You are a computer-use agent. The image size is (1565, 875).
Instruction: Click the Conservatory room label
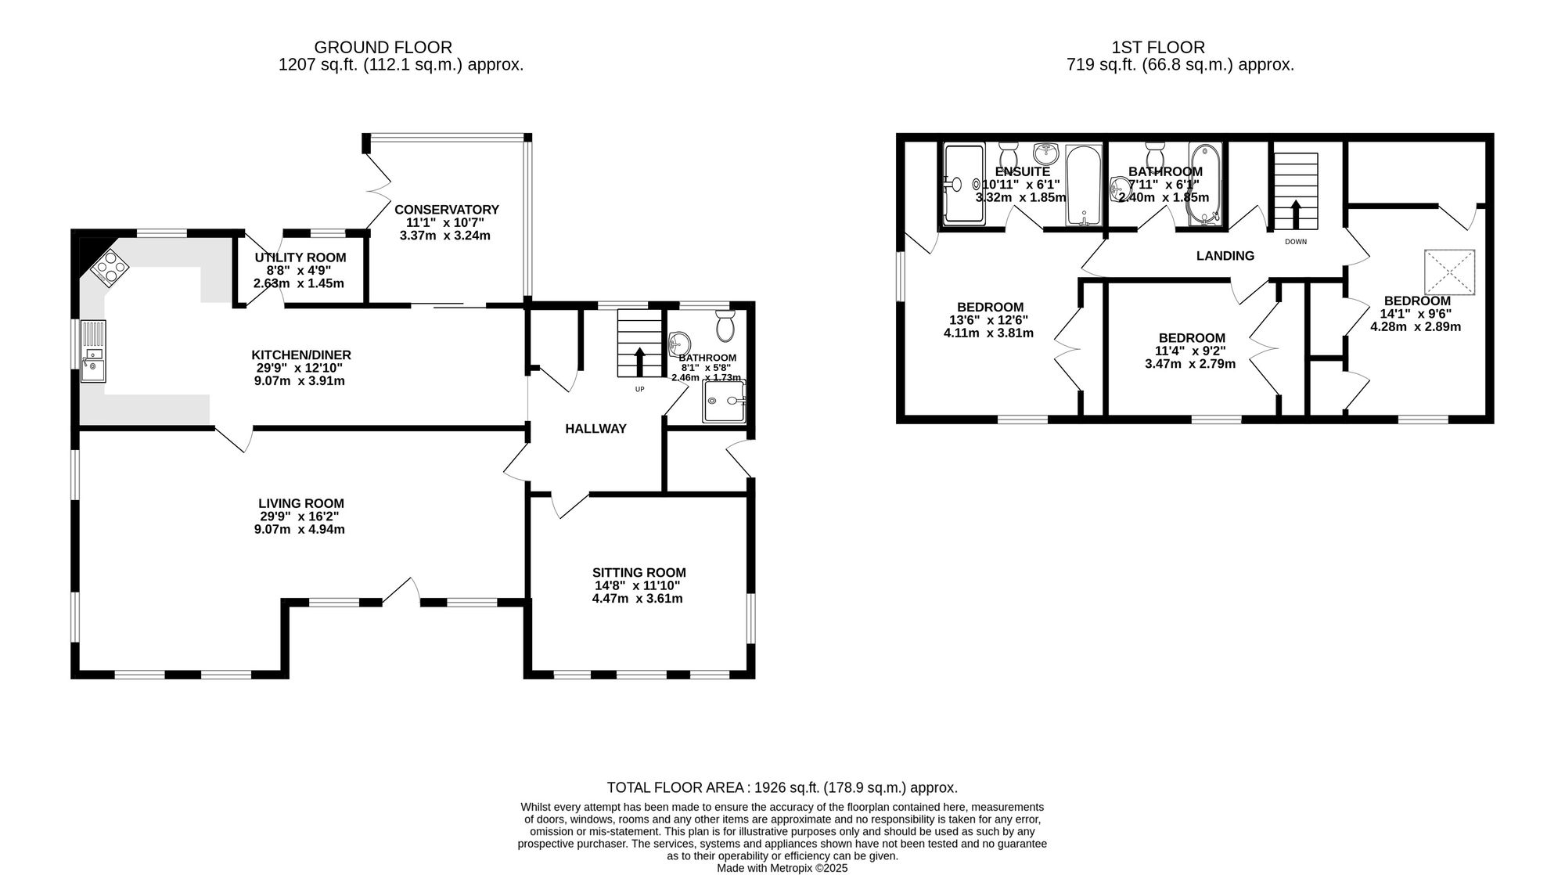click(447, 210)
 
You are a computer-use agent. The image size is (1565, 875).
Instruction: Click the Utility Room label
click(300, 257)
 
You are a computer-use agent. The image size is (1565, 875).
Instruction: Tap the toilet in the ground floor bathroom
click(725, 325)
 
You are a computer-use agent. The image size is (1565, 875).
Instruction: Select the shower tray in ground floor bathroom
click(725, 401)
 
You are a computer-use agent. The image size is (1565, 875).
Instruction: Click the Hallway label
click(596, 429)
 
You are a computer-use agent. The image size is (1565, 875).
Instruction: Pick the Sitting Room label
click(639, 573)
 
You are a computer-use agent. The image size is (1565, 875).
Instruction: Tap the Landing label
click(1225, 256)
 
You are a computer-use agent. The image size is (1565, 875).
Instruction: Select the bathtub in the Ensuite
click(1084, 185)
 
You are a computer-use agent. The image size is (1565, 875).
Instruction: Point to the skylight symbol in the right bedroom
click(1449, 272)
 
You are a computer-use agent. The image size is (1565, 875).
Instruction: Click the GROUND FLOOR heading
click(383, 48)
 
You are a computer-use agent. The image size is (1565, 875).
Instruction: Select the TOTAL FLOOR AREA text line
click(782, 788)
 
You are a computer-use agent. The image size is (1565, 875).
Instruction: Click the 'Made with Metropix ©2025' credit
click(782, 868)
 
